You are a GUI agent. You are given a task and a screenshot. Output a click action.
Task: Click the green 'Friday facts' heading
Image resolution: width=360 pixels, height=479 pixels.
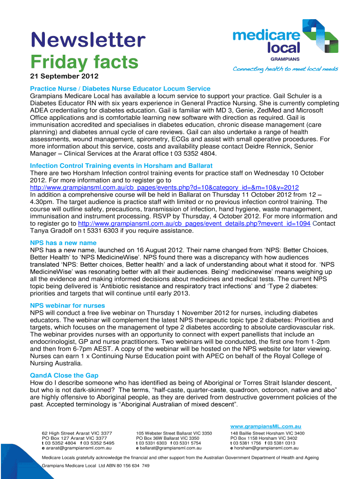(85, 62)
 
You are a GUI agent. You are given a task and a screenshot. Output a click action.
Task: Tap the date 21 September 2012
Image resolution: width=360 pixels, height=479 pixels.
(65, 76)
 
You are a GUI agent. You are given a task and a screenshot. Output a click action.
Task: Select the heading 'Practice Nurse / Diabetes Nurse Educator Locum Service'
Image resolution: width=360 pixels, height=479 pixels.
(120, 88)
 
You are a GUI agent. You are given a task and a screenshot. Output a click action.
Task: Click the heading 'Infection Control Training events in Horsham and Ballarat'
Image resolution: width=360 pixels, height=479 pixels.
(121, 166)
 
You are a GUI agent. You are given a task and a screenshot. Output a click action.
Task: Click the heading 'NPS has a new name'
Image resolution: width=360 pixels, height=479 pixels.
(63, 243)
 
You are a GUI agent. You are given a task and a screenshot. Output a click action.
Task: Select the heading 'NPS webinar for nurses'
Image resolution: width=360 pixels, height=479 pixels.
(67, 305)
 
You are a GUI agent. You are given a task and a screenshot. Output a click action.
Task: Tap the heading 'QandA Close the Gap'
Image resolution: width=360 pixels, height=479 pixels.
(64, 376)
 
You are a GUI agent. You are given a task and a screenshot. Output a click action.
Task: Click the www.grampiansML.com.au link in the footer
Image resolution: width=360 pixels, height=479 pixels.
(266, 427)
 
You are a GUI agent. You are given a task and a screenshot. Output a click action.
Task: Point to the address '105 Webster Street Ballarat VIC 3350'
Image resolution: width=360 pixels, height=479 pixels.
(174, 434)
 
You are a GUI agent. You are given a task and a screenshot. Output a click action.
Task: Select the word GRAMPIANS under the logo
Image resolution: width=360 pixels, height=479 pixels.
(285, 59)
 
